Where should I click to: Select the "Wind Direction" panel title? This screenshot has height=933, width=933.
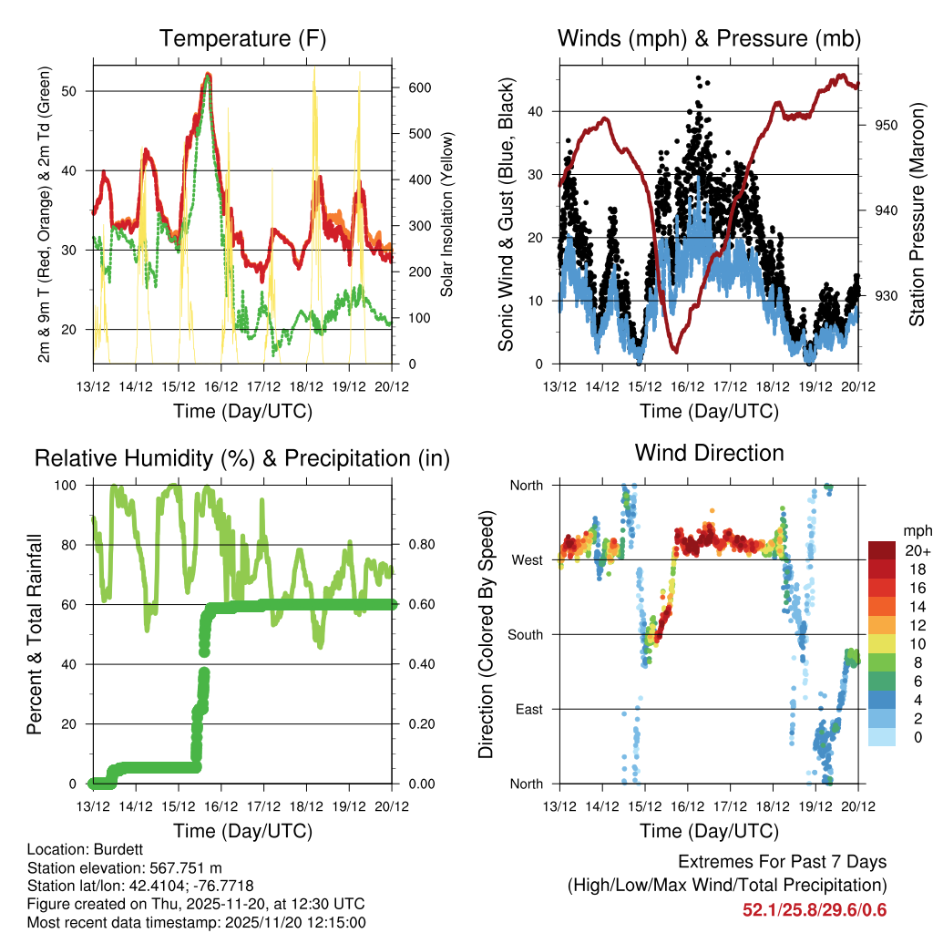709,453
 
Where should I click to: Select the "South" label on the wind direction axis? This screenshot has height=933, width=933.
526,634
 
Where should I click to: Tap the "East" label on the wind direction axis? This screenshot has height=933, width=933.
529,709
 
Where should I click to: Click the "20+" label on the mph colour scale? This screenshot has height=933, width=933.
917,550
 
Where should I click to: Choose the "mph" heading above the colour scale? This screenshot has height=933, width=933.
917,530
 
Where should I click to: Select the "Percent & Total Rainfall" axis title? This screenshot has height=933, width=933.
34,634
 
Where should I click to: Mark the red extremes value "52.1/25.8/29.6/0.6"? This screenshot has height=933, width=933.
815,910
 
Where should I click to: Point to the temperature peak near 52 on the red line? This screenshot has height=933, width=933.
208,75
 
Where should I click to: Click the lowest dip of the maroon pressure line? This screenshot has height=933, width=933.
675,350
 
